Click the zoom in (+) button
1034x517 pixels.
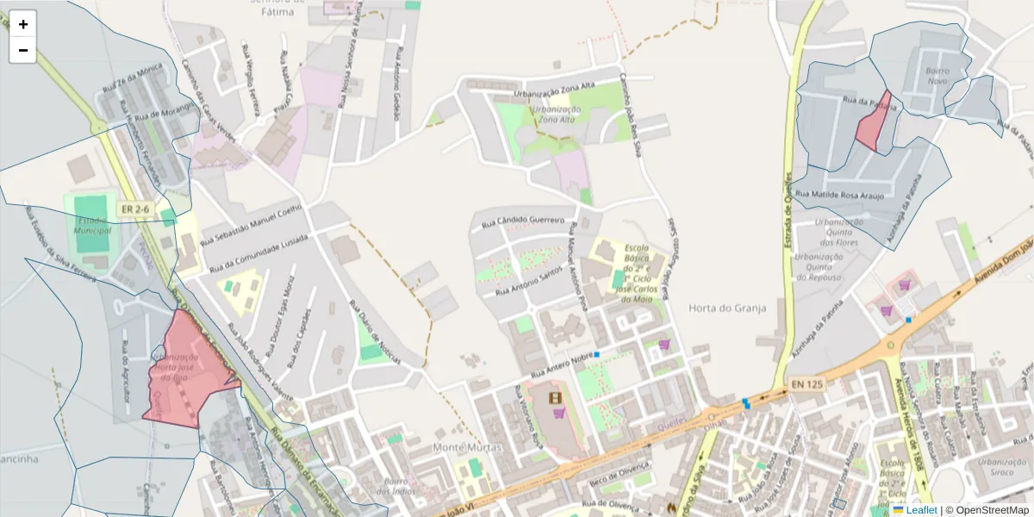pos(23,24)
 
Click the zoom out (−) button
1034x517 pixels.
pos(23,50)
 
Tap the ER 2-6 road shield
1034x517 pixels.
pos(135,209)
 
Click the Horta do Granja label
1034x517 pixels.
pos(727,308)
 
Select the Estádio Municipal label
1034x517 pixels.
pos(92,225)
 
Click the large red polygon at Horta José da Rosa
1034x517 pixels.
pos(190,371)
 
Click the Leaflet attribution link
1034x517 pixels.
pos(920,510)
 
